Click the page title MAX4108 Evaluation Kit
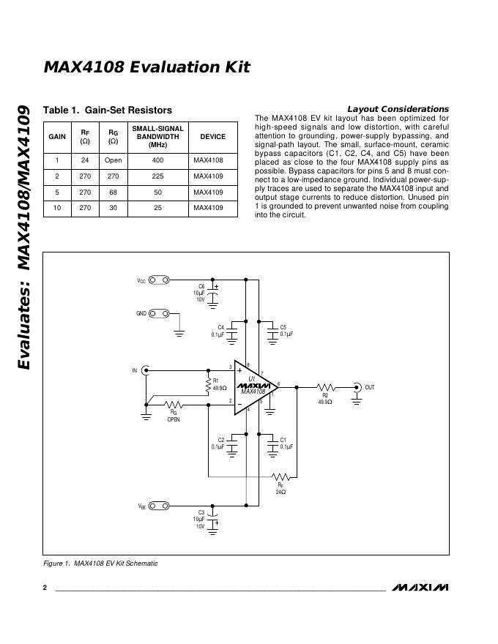click(146, 67)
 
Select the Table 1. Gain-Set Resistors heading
click(108, 110)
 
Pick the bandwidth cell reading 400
click(157, 160)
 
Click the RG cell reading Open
click(113, 160)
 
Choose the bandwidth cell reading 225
click(157, 176)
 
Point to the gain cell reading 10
click(56, 209)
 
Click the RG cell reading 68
click(113, 192)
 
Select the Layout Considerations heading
click(398, 109)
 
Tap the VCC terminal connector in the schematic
click(159, 280)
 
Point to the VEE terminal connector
click(159, 506)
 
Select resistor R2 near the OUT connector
click(324, 386)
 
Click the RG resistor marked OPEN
click(174, 404)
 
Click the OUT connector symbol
click(357, 386)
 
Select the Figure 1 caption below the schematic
click(100, 563)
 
